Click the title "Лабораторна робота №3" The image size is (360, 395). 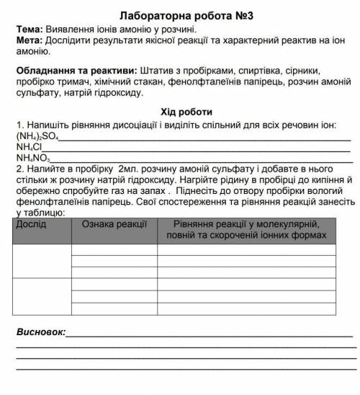point(180,12)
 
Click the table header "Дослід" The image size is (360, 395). point(32,224)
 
